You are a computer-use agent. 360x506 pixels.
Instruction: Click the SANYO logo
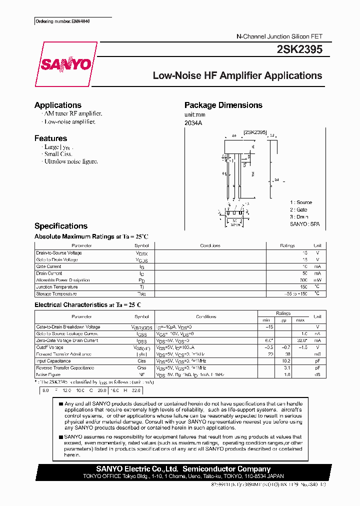(65, 64)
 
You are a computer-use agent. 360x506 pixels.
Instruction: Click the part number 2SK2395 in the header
(299, 49)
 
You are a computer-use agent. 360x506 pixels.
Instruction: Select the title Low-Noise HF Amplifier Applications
(237, 76)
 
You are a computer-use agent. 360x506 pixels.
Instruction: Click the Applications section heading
(57, 105)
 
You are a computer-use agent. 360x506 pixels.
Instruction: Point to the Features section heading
(50, 138)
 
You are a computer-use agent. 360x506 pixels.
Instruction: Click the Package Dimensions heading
(223, 105)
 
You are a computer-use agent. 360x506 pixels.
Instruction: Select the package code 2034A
(193, 122)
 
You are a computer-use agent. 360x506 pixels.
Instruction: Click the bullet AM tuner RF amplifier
(72, 114)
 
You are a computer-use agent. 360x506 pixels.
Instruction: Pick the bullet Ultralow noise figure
(70, 161)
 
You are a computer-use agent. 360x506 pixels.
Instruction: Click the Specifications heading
(60, 226)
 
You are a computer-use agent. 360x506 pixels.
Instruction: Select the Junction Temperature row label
(56, 287)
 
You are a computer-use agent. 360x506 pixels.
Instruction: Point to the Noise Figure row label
(48, 374)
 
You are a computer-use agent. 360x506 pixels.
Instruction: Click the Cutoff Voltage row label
(49, 347)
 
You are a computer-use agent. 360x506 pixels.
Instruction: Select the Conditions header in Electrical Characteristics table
(205, 316)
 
